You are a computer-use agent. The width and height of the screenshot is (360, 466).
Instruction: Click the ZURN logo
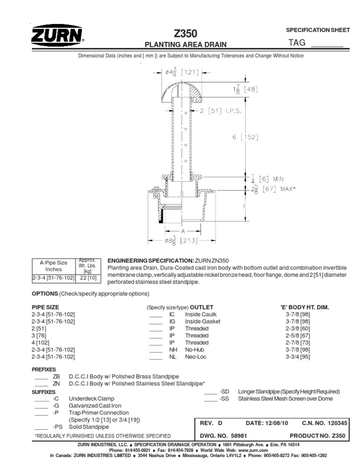pos(57,36)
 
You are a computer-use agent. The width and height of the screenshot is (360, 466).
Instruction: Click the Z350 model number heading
pos(185,33)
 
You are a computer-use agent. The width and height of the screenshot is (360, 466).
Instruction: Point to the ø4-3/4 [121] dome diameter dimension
pos(180,72)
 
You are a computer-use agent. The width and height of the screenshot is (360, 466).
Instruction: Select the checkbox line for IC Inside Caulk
pos(155,314)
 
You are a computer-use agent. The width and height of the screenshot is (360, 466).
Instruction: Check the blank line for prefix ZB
pos(41,376)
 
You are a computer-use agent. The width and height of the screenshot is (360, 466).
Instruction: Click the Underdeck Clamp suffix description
pos(91,398)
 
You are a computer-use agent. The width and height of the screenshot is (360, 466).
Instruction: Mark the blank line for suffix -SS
pos(211,398)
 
